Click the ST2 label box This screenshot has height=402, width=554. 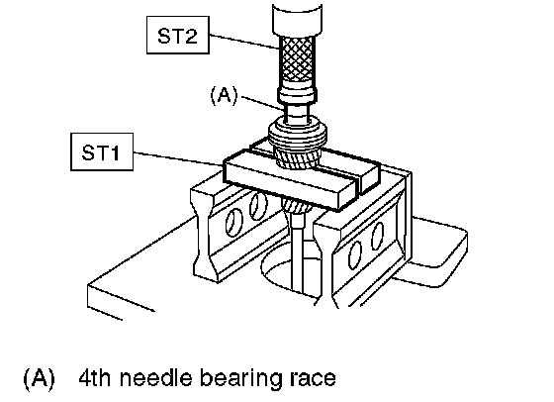(178, 35)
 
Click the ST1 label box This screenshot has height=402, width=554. (102, 152)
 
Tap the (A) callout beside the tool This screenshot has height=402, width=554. (224, 95)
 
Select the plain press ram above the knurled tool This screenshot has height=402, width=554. (297, 20)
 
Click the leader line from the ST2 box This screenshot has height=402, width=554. (244, 42)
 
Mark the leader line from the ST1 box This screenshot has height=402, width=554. (178, 158)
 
